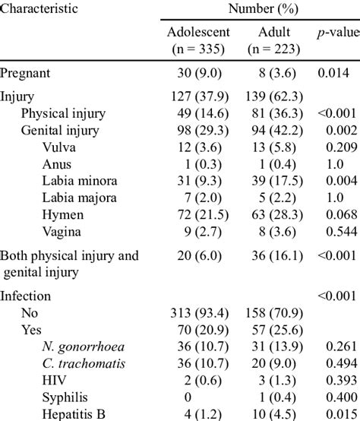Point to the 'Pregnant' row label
[x=27, y=73]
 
